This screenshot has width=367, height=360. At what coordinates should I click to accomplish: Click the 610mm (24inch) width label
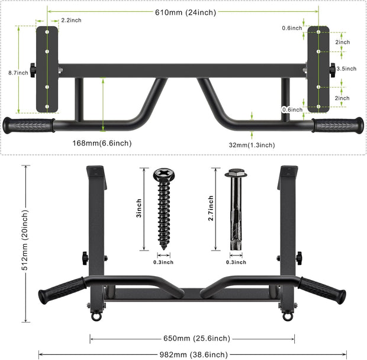click(x=183, y=12)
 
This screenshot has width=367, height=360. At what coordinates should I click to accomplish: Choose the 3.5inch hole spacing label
click(x=346, y=69)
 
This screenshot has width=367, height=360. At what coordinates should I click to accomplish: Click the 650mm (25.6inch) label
click(x=194, y=339)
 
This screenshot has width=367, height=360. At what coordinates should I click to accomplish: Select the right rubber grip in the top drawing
click(x=337, y=125)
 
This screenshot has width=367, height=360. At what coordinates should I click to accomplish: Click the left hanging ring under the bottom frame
click(x=95, y=317)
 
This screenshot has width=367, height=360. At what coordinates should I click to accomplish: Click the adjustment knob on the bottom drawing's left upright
click(x=86, y=258)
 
